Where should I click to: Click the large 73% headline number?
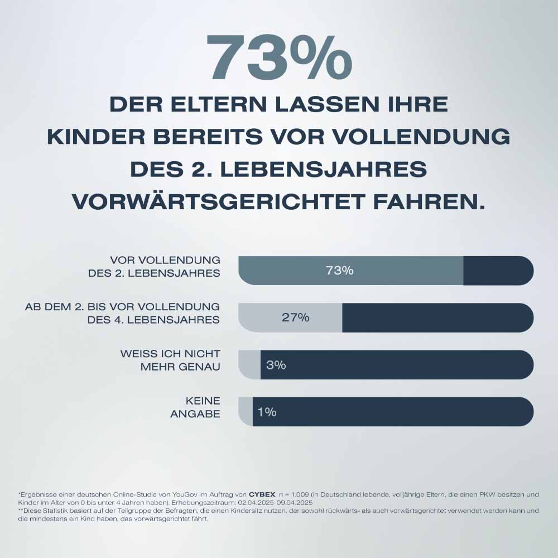279,57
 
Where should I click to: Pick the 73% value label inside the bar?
339,271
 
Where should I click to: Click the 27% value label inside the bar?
295,318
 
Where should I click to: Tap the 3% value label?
276,365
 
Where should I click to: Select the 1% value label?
267,412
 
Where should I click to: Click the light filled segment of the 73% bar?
391,271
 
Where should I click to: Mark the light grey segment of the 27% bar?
262,318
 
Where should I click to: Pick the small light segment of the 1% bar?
246,412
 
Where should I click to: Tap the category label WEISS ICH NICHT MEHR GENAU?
170,360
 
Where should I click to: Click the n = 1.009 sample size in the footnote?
299,494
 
